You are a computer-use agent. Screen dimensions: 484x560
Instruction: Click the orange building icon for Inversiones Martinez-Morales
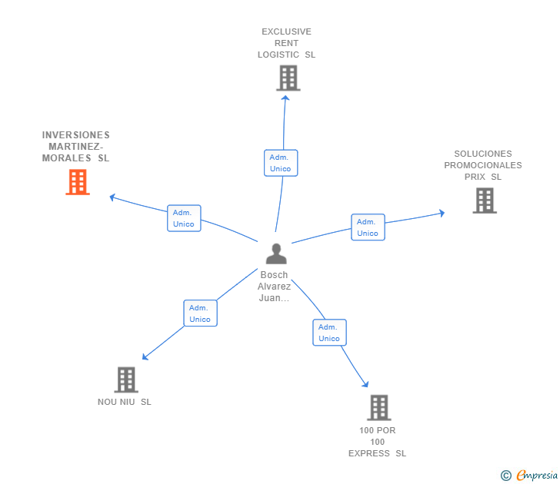78,182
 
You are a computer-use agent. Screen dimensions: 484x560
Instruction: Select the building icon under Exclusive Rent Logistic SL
288,78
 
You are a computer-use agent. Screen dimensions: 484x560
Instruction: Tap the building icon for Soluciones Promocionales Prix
484,201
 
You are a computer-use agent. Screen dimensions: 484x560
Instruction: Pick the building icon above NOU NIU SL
125,380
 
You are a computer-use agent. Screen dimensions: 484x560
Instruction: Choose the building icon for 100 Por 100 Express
378,407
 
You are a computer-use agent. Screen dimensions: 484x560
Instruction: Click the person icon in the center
275,254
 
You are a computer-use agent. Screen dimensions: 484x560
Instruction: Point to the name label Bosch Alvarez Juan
275,287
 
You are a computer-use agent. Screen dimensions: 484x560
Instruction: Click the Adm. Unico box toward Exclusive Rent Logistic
281,163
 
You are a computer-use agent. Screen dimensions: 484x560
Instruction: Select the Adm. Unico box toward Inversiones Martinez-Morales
184,218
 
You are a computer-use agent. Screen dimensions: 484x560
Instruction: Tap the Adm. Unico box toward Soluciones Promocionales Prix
368,227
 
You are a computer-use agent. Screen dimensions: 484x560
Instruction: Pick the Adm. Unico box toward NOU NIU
200,313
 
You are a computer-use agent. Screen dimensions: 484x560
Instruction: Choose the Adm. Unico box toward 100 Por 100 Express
329,333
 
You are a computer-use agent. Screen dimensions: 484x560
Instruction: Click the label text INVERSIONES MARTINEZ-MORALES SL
76,147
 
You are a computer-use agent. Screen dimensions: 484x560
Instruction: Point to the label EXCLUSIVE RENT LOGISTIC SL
287,44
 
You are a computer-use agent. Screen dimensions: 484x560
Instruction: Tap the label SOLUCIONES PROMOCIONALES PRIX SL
483,165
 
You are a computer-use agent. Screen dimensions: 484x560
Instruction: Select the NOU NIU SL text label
125,402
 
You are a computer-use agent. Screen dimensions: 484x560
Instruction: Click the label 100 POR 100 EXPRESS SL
377,442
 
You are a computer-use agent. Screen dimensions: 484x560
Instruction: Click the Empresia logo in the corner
537,476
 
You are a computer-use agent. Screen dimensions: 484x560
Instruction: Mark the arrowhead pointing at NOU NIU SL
145,357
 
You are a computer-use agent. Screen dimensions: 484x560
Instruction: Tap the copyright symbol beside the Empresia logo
505,476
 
